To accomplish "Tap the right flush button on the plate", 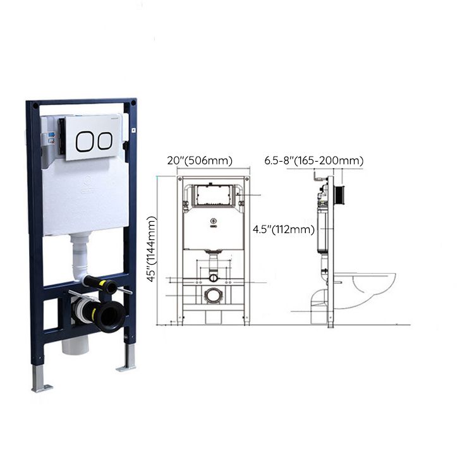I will (105, 141).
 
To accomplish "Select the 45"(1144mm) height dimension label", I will (151, 249).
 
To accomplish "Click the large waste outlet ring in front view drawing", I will (214, 295).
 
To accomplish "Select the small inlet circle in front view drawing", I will (214, 277).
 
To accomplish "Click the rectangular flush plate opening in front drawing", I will (214, 196).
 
